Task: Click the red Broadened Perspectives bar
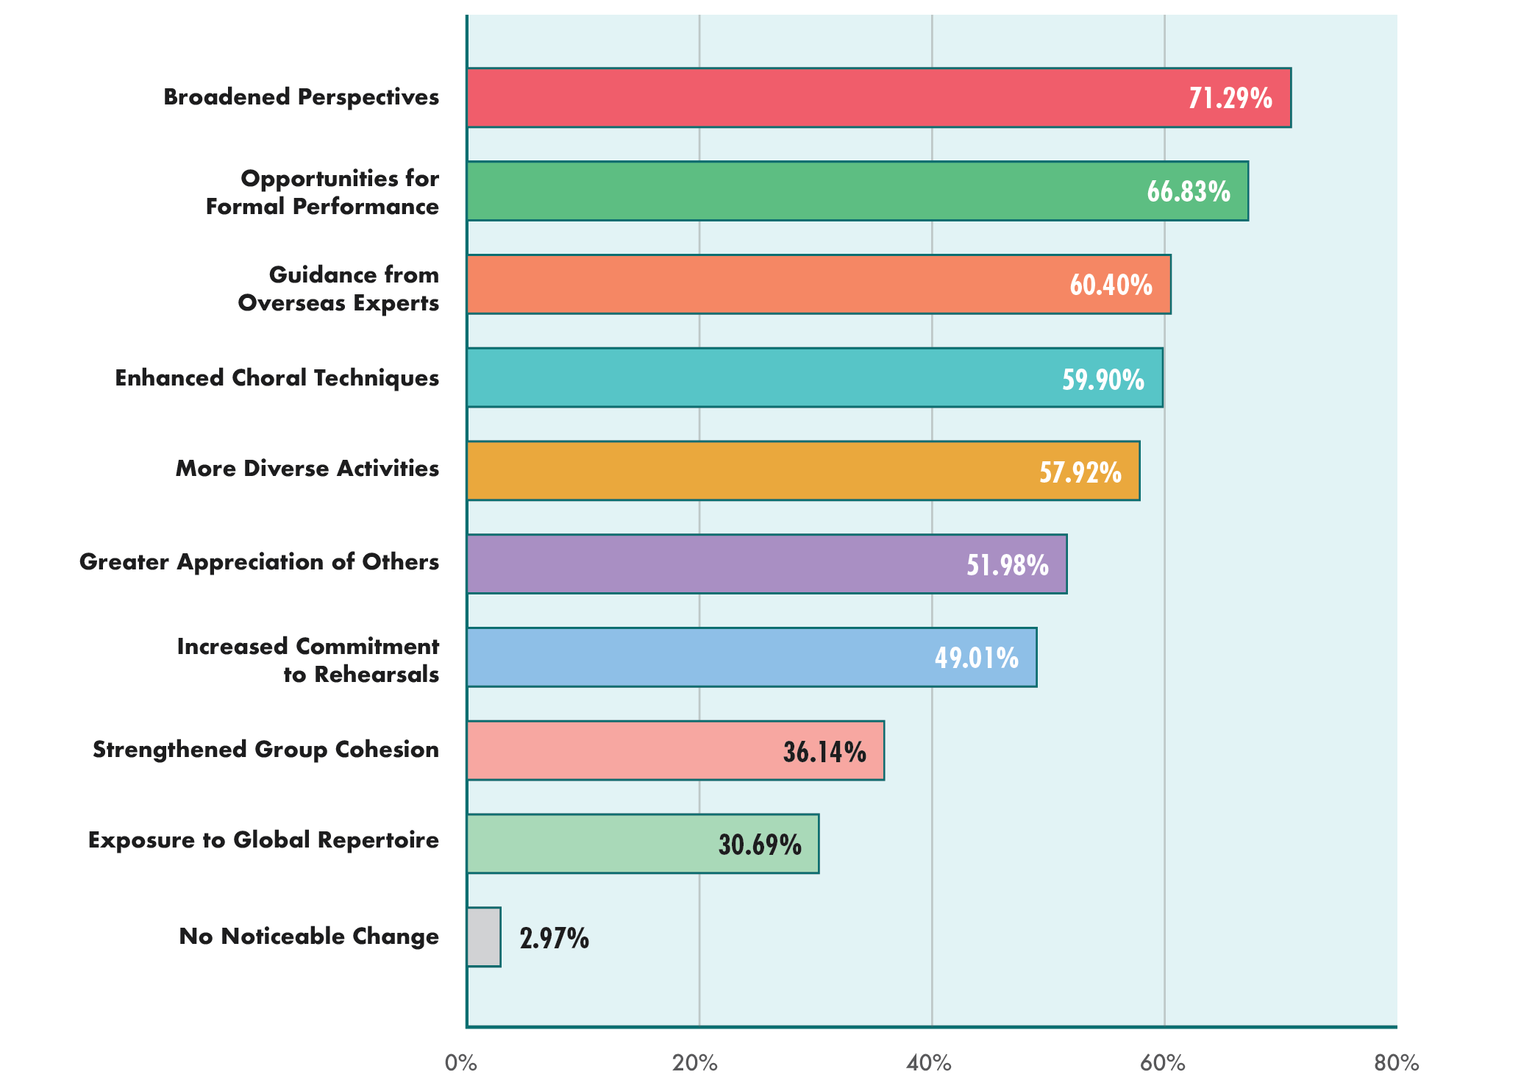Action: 878,98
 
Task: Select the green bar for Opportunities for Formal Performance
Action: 857,191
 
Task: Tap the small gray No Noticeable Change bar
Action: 484,937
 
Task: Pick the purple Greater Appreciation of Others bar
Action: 766,564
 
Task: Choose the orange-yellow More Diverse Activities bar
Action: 802,471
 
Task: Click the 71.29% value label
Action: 1230,99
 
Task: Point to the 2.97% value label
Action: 554,939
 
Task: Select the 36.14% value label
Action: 824,752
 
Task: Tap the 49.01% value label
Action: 977,658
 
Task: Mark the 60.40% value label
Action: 1111,285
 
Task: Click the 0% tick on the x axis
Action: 461,1063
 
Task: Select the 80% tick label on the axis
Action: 1396,1063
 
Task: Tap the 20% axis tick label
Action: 695,1063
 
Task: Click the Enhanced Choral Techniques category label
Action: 277,378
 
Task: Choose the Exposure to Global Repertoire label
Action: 263,840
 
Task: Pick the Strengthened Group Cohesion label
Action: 266,750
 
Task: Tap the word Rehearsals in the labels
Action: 377,675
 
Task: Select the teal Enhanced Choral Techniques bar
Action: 814,378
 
